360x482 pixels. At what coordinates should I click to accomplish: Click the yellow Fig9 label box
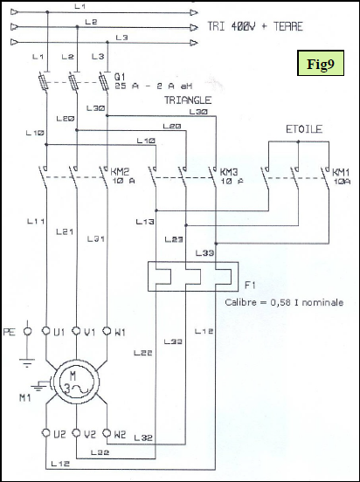point(321,64)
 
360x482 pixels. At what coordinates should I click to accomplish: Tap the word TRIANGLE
point(188,100)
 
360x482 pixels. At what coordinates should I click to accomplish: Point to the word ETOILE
point(301,130)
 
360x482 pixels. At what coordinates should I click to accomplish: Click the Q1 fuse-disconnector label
point(119,77)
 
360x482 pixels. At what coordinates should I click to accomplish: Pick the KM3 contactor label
point(230,171)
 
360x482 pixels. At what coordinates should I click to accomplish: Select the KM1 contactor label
point(340,171)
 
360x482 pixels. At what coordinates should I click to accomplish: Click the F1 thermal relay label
point(250,285)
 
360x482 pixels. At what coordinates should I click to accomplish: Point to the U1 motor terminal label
point(59,331)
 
